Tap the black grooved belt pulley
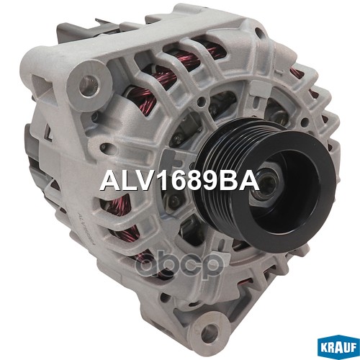pos(264,186)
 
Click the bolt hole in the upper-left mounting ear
pos(89,85)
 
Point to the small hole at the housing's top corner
pos(258,31)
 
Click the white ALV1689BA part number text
pos(179,181)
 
